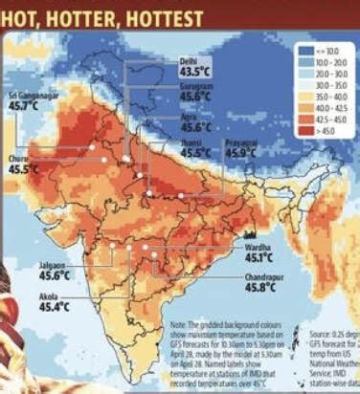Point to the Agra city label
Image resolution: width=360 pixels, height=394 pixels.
coord(190,115)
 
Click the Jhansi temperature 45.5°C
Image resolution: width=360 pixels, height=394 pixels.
coord(195,152)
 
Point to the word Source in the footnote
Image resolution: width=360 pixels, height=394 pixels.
coord(322,332)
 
